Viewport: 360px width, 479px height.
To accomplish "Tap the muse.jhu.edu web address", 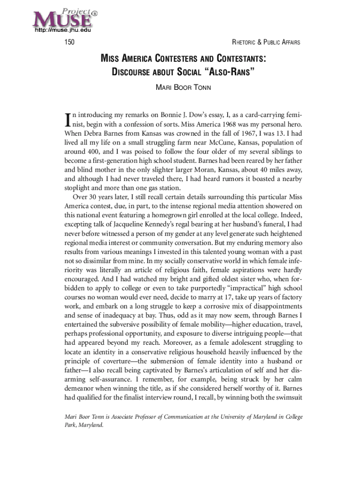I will click(62, 31).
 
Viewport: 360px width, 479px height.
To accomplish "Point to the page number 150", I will click(70, 43).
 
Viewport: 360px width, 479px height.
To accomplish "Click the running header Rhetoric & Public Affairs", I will click(266, 43).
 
